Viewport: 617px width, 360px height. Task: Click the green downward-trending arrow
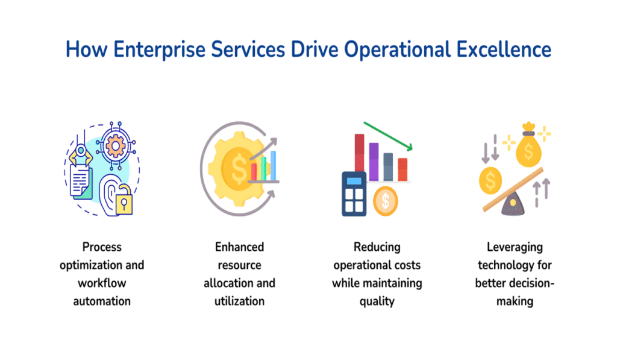(389, 136)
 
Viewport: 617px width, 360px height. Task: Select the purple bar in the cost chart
(374, 161)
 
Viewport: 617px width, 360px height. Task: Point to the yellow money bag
(528, 151)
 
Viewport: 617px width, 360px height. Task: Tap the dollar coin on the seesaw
(491, 178)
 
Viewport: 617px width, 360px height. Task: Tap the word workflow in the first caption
(102, 283)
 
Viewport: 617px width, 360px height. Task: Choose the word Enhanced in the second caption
(239, 247)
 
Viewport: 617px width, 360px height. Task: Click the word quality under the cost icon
(377, 301)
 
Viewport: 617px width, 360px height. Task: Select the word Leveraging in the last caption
(515, 247)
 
